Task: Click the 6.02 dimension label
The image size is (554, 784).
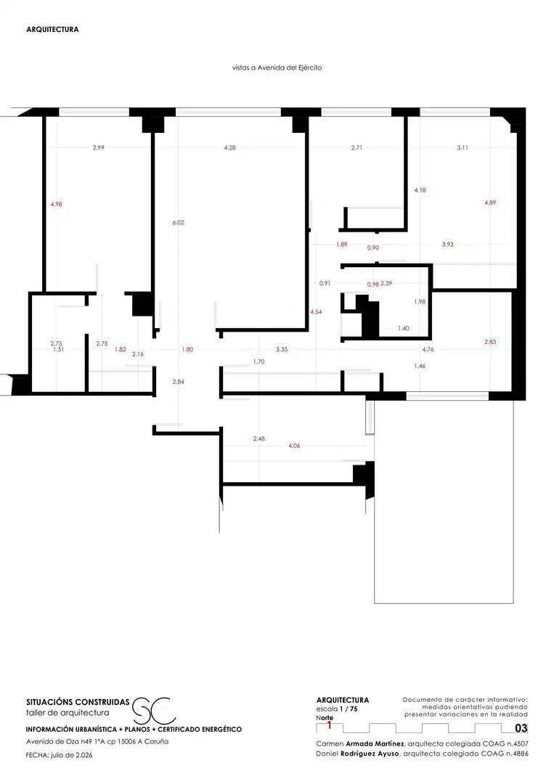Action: pyautogui.click(x=178, y=223)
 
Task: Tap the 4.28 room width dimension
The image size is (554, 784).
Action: pyautogui.click(x=229, y=147)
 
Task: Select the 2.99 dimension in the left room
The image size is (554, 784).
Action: pyautogui.click(x=99, y=147)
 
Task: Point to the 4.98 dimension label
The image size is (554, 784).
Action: pyautogui.click(x=57, y=204)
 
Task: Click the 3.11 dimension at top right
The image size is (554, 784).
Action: pyautogui.click(x=463, y=147)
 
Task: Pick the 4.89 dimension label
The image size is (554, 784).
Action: pyautogui.click(x=490, y=203)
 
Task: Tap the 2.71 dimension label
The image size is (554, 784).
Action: pyautogui.click(x=357, y=147)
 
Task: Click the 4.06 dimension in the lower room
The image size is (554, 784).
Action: pyautogui.click(x=294, y=446)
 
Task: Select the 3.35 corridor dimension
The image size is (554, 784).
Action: pyautogui.click(x=282, y=349)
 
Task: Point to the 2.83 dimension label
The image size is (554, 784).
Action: pyautogui.click(x=490, y=342)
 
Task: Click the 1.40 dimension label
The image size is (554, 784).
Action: pyautogui.click(x=403, y=329)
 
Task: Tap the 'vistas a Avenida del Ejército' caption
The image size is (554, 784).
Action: pyautogui.click(x=277, y=68)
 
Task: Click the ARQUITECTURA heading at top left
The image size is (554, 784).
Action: pyautogui.click(x=52, y=30)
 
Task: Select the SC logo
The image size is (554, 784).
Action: pyautogui.click(x=154, y=711)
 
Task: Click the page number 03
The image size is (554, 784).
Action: pyautogui.click(x=521, y=729)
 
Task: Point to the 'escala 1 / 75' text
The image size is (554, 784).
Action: pyautogui.click(x=337, y=709)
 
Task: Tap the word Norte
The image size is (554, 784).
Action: pyautogui.click(x=325, y=717)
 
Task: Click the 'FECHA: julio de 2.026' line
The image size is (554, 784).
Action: pyautogui.click(x=59, y=755)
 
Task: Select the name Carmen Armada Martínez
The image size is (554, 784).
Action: pyautogui.click(x=360, y=744)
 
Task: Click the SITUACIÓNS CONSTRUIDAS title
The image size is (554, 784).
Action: pyautogui.click(x=78, y=702)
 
